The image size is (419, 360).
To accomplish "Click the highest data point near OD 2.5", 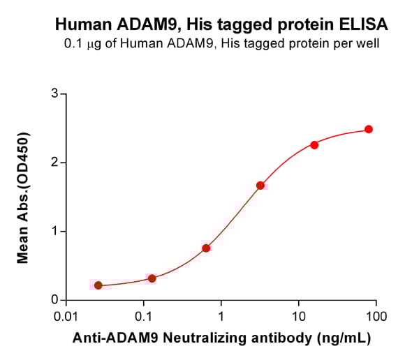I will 369,129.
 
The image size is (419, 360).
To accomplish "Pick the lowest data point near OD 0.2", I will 98,285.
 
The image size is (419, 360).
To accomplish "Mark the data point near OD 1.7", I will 260,186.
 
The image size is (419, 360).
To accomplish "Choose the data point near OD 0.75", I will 206,248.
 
